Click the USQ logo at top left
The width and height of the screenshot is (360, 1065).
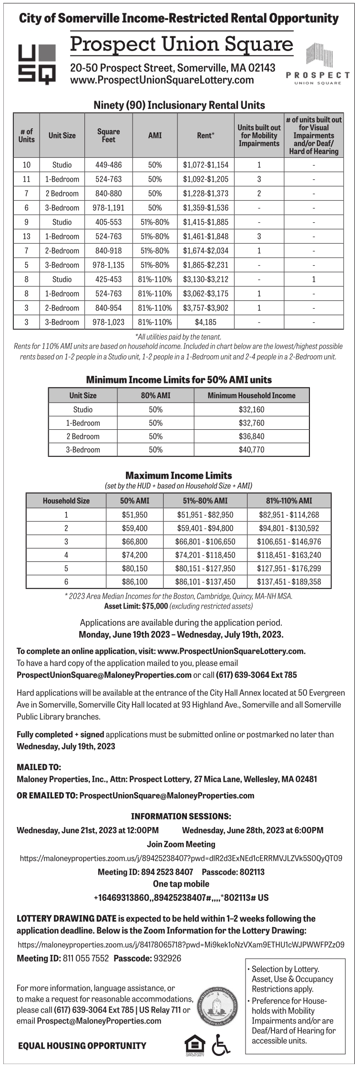[37, 64]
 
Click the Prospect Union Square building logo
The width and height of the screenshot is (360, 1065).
[319, 64]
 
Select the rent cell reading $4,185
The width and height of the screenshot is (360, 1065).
[206, 322]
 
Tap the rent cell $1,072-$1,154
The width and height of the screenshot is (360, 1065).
[206, 165]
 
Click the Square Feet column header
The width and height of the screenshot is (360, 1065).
[108, 135]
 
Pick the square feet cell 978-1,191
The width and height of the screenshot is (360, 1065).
[108, 208]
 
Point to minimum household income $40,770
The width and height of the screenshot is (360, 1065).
[251, 450]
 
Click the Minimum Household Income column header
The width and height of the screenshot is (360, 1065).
[251, 395]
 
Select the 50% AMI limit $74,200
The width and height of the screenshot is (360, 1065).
[134, 555]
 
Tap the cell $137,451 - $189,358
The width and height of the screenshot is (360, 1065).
[289, 582]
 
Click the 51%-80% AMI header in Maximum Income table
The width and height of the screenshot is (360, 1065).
[205, 501]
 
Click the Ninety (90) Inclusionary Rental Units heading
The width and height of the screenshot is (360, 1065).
[179, 105]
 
